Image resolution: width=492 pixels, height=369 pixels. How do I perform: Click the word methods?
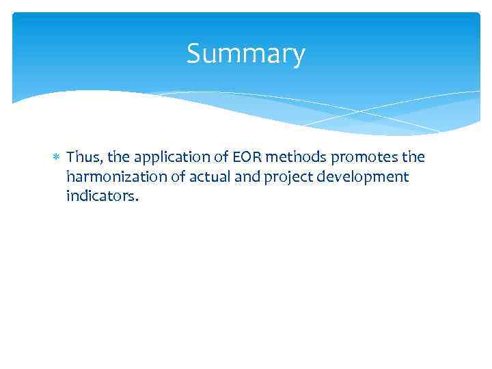coord(295,157)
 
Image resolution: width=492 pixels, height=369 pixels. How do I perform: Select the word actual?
coord(203,178)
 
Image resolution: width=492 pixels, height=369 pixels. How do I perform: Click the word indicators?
coord(100,197)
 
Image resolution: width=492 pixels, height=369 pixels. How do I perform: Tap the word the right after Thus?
coord(116,157)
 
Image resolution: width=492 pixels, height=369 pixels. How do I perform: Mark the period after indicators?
coord(137,201)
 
